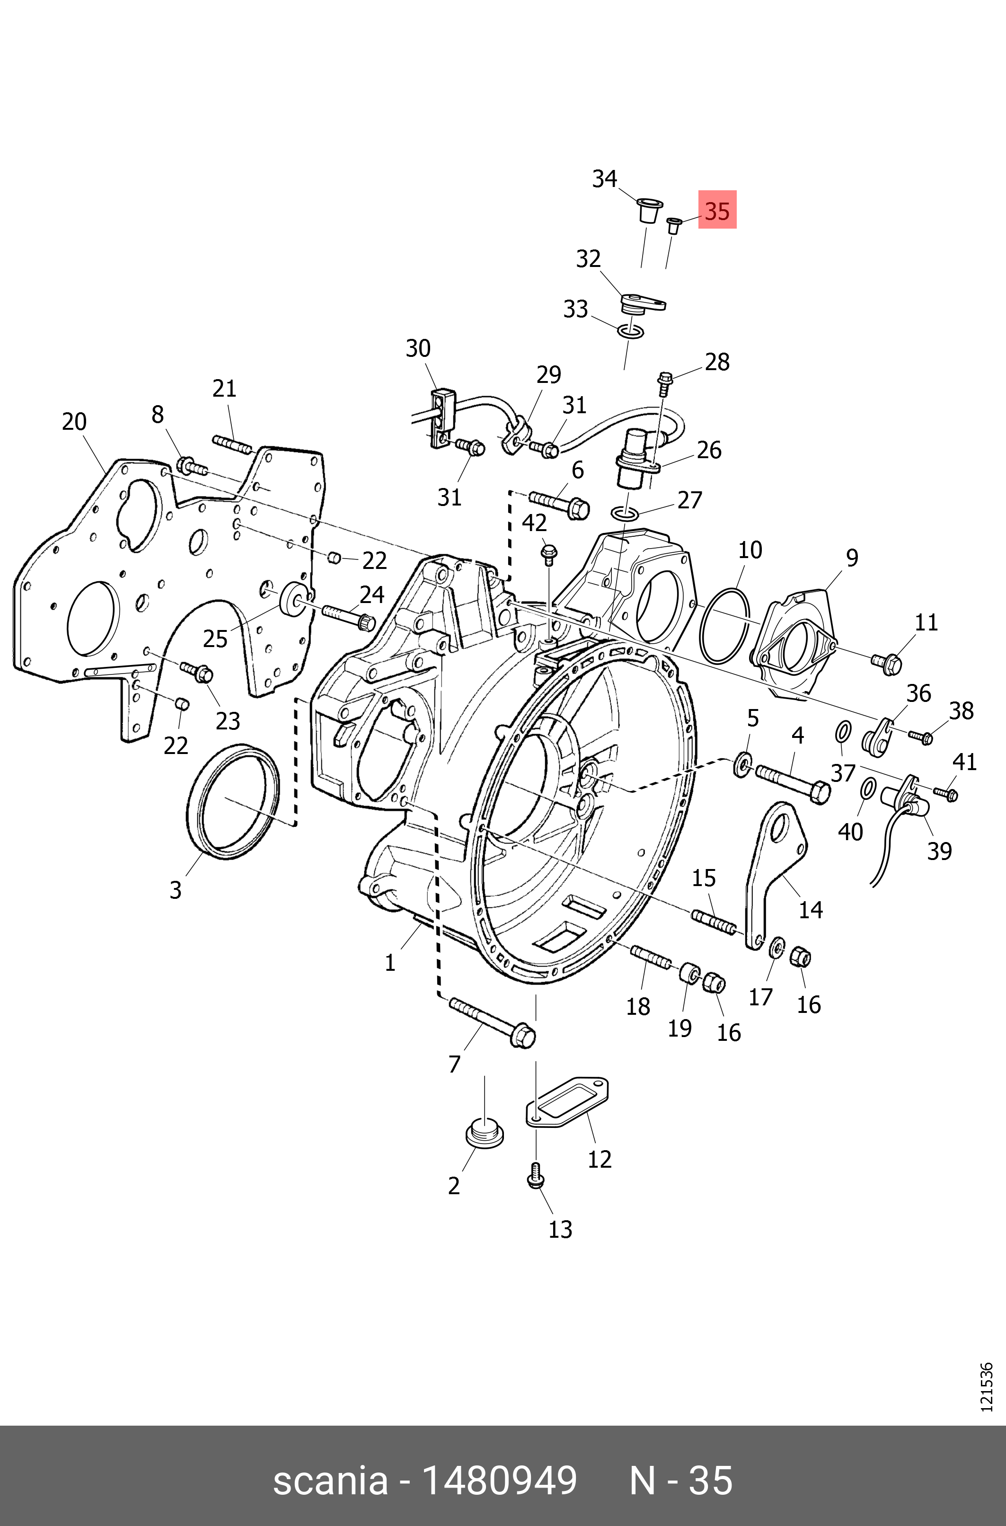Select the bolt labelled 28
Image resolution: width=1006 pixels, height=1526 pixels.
pos(663,383)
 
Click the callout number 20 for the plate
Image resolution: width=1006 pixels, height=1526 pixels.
pos(74,422)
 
